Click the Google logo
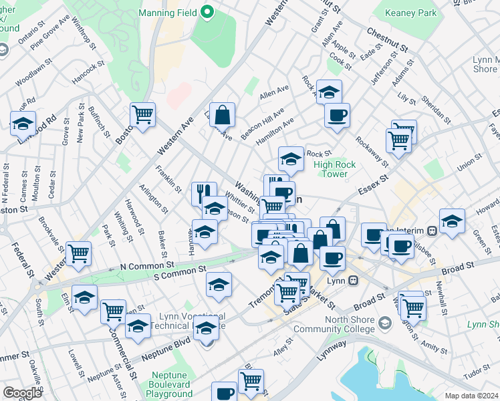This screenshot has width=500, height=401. [22, 393]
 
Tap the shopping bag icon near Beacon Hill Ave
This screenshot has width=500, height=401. [222, 115]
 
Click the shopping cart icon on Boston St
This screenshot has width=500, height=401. [142, 116]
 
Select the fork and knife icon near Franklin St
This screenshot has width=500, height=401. [204, 193]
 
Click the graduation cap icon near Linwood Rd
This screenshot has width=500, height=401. [23, 123]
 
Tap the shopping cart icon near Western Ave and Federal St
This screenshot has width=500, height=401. [79, 254]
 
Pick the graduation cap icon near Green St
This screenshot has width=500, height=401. [452, 221]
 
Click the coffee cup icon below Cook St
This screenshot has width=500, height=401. [337, 114]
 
